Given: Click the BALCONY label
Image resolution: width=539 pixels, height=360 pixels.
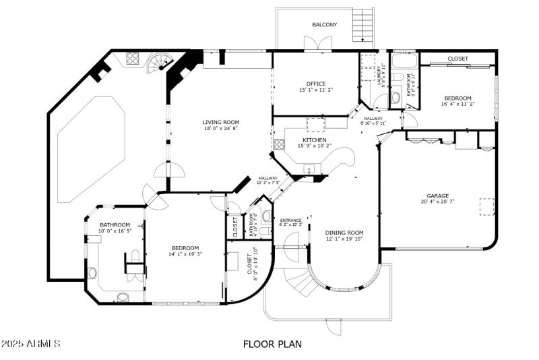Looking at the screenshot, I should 324,25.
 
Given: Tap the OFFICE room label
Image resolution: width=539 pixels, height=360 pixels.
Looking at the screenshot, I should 316,84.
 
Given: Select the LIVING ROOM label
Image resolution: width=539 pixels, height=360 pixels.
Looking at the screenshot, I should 221,122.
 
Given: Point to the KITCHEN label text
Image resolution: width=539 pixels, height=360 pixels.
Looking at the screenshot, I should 314,140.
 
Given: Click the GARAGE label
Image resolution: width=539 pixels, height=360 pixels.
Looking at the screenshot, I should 438,196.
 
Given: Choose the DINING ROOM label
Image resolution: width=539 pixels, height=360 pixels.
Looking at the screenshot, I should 344,233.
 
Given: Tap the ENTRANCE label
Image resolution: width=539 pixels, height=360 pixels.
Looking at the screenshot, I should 291,220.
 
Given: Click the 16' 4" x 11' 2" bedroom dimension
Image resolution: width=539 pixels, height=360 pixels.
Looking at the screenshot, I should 458,104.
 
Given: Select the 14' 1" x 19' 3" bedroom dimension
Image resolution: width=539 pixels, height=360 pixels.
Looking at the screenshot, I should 185,254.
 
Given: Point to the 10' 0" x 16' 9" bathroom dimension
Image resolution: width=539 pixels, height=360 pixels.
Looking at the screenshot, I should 115,231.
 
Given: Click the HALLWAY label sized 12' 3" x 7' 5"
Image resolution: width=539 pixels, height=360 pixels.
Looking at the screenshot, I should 267,179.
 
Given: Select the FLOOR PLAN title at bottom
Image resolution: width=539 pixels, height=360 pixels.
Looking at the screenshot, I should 272,344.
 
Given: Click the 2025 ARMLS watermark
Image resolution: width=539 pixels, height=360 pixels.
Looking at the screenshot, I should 32,344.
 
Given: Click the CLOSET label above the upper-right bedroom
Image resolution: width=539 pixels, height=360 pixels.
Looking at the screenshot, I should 458,59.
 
